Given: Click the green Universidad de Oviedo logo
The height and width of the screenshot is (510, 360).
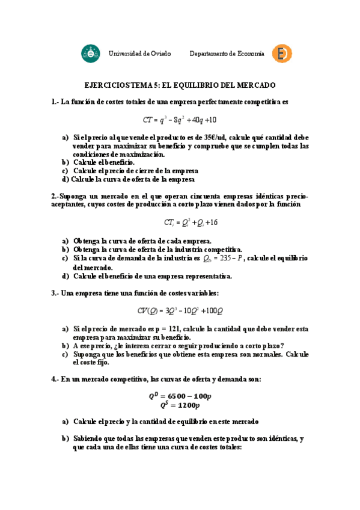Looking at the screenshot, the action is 91,54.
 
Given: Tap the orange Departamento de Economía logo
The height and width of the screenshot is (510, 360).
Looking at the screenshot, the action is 282,54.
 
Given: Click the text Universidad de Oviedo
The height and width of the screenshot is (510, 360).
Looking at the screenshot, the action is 139,54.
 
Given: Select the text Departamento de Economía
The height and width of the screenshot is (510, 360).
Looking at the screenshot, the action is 227,54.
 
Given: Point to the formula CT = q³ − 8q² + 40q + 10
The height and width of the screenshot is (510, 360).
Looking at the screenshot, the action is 180,120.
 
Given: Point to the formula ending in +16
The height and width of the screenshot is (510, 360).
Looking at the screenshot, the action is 182,223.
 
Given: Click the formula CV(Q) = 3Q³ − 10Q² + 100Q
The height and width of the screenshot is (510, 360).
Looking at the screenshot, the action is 180,311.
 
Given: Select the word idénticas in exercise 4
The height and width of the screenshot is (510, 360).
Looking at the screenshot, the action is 276,438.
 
